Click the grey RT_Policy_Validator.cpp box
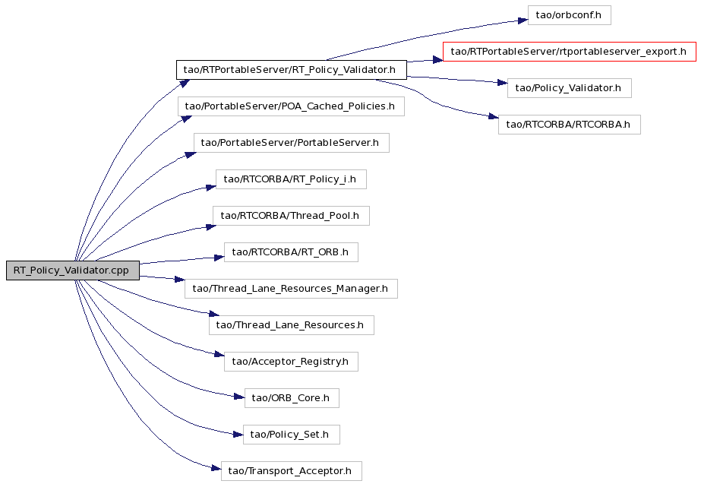pos(73,270)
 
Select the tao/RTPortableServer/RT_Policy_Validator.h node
pos(292,70)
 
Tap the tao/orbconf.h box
pos(569,15)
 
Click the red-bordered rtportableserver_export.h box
pos(569,52)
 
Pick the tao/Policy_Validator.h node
pos(569,88)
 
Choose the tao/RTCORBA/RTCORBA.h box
pos(569,125)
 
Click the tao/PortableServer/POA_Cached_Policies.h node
pos(292,106)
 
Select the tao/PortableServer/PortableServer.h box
pos(292,143)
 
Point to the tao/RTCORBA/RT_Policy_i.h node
pos(291,179)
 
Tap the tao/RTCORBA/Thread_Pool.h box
pos(291,216)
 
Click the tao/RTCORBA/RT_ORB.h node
pos(291,252)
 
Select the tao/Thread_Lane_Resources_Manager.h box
pos(291,289)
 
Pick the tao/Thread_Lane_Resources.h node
pos(292,325)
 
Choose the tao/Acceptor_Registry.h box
pos(291,362)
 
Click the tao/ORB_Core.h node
pos(292,398)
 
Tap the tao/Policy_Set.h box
pos(292,435)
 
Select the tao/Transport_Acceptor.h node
pos(292,471)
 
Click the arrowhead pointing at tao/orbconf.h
pos(523,21)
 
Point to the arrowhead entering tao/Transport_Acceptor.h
pos(216,468)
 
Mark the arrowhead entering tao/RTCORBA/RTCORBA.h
pos(494,117)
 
